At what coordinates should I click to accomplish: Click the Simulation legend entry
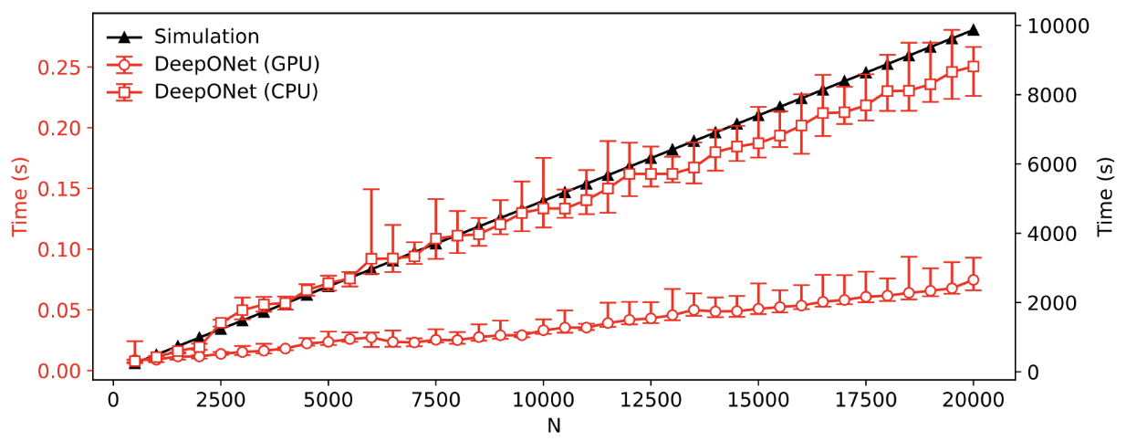click(x=206, y=37)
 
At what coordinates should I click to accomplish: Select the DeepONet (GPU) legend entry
click(x=236, y=64)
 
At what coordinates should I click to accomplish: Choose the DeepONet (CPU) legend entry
click(x=235, y=91)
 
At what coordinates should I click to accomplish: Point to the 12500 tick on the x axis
click(x=651, y=399)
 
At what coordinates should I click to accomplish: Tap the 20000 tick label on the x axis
click(x=974, y=399)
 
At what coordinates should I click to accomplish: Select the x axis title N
click(x=554, y=425)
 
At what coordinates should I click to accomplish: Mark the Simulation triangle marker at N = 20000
click(x=974, y=30)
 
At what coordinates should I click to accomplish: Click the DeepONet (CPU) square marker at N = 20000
click(x=974, y=67)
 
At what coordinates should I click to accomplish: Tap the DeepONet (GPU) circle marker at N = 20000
click(x=974, y=280)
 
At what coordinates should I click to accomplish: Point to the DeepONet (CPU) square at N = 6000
click(x=371, y=259)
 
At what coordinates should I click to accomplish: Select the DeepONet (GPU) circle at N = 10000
click(x=543, y=330)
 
